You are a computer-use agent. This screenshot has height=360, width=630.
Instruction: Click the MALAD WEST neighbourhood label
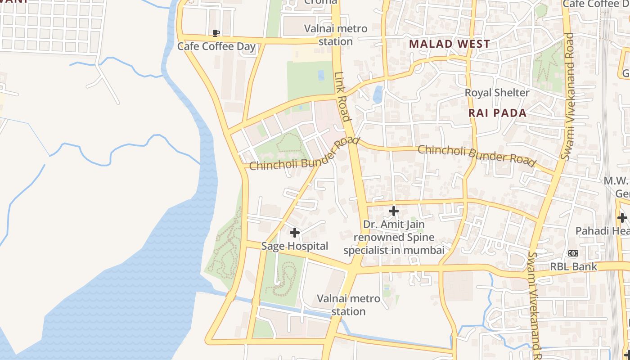coord(449,44)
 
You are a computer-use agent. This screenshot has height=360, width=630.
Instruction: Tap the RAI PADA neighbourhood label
coord(497,113)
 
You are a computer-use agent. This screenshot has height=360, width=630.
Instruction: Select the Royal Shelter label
coord(497,93)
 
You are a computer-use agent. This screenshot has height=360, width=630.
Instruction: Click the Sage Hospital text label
coord(295,246)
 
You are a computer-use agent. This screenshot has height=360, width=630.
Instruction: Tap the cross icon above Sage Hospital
coord(295,233)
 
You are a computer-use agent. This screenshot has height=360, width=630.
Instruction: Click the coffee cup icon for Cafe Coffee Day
coord(216,33)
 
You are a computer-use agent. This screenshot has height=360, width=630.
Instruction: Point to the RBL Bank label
coord(573,266)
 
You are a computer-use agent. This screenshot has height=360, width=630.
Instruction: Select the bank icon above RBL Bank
coord(573,253)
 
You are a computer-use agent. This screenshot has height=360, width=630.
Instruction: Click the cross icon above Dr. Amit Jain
coord(394,211)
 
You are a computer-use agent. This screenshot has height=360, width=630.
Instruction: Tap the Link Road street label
coord(342,96)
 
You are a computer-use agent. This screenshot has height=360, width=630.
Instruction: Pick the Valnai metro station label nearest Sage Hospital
coord(348,305)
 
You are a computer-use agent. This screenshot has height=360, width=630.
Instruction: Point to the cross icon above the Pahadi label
coord(622,218)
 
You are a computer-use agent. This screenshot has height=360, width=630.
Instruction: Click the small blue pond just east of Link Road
coord(378,94)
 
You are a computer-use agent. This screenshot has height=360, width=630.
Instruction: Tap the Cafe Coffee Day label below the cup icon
coord(216,46)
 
